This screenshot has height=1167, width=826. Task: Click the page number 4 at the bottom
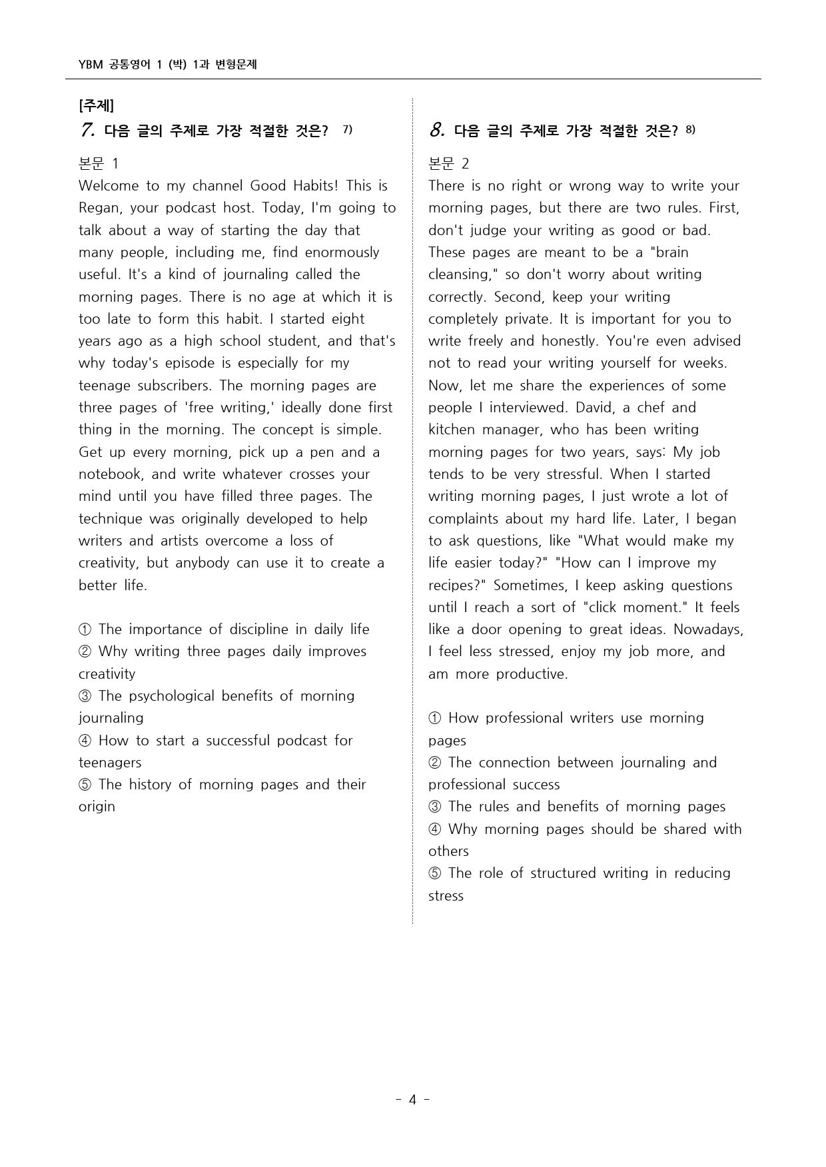(412, 1099)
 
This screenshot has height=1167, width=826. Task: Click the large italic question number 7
(87, 130)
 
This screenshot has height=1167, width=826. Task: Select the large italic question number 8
(436, 130)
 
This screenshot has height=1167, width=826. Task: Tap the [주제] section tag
(96, 105)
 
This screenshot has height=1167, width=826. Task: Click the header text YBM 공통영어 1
(120, 65)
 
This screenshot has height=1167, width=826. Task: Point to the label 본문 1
(98, 163)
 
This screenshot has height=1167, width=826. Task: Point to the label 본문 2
(448, 163)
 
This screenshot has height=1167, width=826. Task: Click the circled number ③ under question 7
(85, 696)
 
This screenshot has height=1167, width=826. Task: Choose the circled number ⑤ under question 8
(435, 873)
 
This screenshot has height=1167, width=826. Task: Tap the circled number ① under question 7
(85, 629)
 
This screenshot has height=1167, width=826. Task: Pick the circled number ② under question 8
(435, 763)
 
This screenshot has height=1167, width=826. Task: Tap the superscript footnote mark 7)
(347, 129)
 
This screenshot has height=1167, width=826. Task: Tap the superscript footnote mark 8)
(689, 129)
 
